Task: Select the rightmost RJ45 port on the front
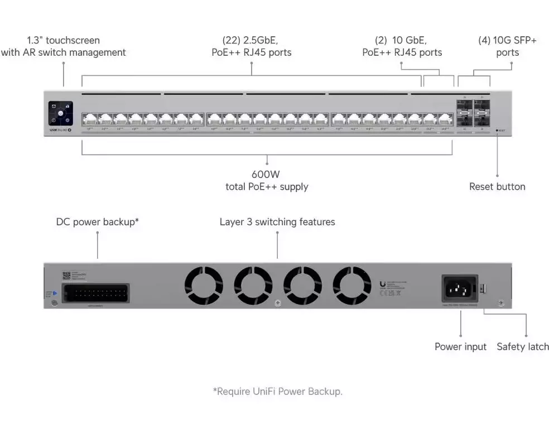tap(444, 119)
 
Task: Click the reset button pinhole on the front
tap(497, 131)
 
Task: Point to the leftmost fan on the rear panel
tap(204, 286)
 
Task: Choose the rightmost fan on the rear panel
tap(352, 286)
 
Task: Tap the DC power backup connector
tap(95, 293)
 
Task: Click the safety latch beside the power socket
tap(483, 288)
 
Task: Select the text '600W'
tap(267, 173)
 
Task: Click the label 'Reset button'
tap(497, 187)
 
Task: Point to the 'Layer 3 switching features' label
tap(277, 222)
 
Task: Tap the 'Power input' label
tap(460, 347)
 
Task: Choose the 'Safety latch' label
tap(523, 347)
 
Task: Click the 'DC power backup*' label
tap(98, 222)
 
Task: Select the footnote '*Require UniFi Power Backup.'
tap(277, 392)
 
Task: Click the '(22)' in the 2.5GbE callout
tap(231, 40)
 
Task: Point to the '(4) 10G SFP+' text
tap(507, 40)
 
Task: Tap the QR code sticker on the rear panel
tap(66, 275)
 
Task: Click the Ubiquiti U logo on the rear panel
tap(382, 283)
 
